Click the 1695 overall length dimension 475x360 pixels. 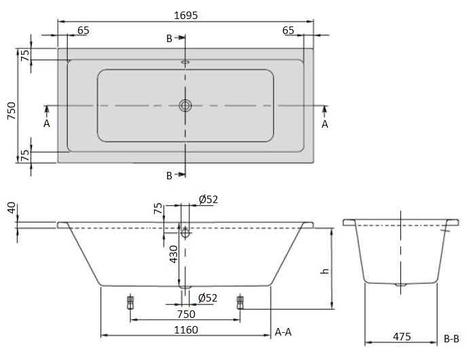[185, 14]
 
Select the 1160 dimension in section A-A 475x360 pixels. [185, 329]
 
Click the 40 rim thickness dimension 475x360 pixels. [9, 208]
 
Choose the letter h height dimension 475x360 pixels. [324, 270]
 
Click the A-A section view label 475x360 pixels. [284, 331]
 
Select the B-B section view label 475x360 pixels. [451, 338]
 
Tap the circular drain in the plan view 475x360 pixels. [185, 105]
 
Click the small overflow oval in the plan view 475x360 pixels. [185, 62]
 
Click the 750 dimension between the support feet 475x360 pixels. [185, 314]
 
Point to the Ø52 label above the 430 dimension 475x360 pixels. [208, 199]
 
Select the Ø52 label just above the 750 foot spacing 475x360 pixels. [208, 298]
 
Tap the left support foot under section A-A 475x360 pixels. [130, 302]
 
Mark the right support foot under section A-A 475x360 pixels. [240, 302]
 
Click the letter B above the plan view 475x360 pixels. [169, 38]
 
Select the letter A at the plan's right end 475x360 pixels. [324, 124]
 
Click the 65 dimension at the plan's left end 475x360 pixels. [83, 30]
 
